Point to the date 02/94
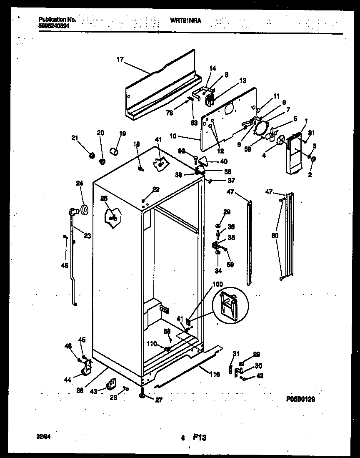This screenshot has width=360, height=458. click(x=42, y=436)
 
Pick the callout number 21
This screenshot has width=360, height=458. click(x=75, y=138)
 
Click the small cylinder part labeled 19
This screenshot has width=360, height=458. click(x=114, y=150)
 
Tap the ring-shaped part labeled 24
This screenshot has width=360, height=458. click(x=84, y=209)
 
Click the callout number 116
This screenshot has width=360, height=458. click(x=214, y=374)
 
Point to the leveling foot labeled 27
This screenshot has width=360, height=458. click(x=143, y=391)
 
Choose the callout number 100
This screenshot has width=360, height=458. click(x=217, y=284)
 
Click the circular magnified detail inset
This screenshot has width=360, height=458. click(x=228, y=306)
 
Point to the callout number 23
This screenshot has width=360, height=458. click(x=87, y=235)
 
